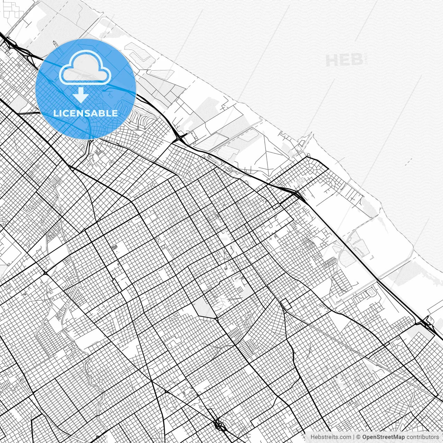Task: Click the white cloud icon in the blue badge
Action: [x=85, y=67]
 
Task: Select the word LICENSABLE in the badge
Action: [x=85, y=113]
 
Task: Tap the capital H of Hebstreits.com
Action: [x=313, y=437]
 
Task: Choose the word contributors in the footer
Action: [x=423, y=437]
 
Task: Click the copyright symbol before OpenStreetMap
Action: [x=359, y=437]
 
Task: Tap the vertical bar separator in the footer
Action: [x=353, y=437]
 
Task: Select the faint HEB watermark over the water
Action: [x=345, y=61]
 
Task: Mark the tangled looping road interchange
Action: [x=219, y=424]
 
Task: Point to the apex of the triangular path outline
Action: [x=267, y=134]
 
